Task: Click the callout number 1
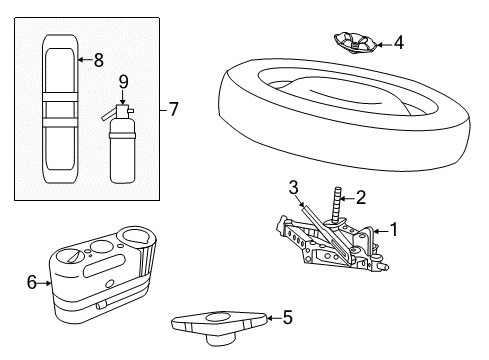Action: point(393,229)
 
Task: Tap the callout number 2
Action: point(360,198)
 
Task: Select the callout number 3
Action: point(294,186)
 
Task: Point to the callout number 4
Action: point(398,43)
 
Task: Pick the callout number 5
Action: point(287,318)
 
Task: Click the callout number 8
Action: point(98,60)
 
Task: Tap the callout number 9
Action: point(123,82)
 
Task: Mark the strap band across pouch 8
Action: point(60,105)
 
